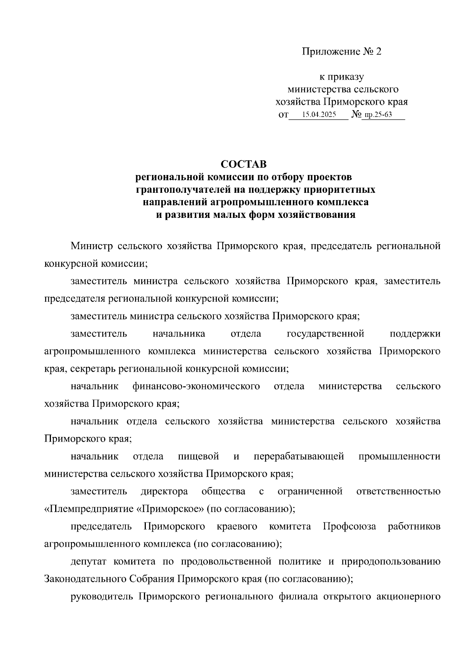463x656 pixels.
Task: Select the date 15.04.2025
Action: point(319,115)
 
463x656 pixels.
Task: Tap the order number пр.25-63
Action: point(378,115)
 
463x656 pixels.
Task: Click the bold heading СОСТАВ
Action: point(243,164)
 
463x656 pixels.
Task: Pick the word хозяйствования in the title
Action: point(316,215)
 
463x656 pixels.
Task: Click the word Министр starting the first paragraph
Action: point(91,246)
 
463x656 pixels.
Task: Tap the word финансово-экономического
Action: point(196,386)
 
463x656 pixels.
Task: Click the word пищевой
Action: point(198,456)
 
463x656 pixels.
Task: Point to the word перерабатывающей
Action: point(299,456)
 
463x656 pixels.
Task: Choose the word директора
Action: point(164,491)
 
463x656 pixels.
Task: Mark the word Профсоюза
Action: point(349,527)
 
